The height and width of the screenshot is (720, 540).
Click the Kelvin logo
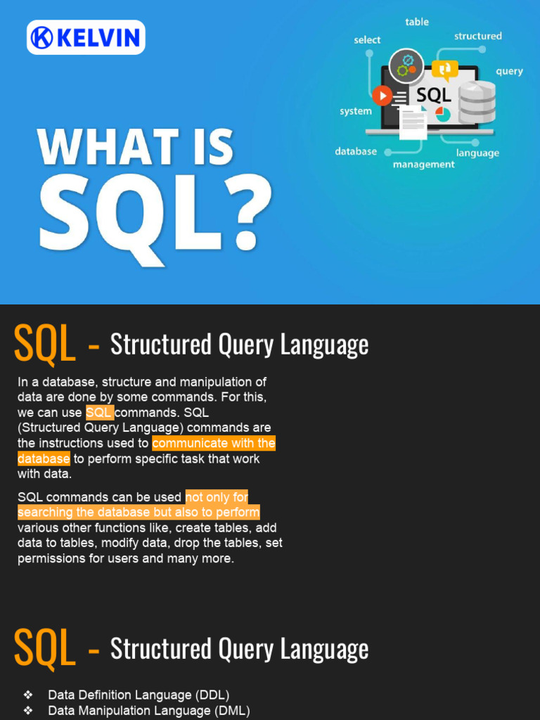86,37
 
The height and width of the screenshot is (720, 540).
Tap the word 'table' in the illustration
417,22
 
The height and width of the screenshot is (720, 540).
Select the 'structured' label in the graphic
477,36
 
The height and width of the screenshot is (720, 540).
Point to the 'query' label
509,71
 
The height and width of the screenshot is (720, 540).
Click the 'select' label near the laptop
367,40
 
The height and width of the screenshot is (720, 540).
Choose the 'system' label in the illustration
356,111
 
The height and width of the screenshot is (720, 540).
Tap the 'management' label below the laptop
423,165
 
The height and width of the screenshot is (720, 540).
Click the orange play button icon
382,95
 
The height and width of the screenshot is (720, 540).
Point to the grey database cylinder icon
477,103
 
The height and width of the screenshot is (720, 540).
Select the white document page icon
413,123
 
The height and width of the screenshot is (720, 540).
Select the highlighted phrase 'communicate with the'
214,444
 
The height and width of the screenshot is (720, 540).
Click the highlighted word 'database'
44,459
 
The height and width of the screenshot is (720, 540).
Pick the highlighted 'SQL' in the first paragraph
99,413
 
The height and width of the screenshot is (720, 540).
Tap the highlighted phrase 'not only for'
217,497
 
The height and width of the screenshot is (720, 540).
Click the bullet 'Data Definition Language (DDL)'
139,695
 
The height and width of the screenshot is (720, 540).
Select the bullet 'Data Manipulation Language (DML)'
148,711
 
